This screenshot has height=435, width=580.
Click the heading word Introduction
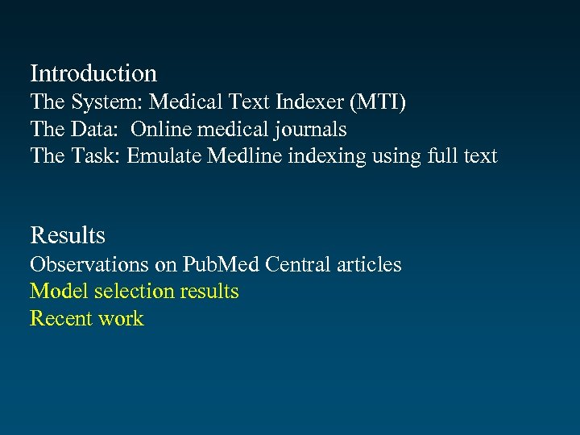pos(93,73)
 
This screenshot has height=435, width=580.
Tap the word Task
pos(95,155)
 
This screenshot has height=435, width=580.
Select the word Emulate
pos(164,155)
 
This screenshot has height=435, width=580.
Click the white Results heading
pos(68,235)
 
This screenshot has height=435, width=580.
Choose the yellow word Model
pos(59,291)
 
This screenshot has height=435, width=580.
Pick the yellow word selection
pos(134,291)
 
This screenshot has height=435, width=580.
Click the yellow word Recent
pos(61,318)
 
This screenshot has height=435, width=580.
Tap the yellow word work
pos(121,318)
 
